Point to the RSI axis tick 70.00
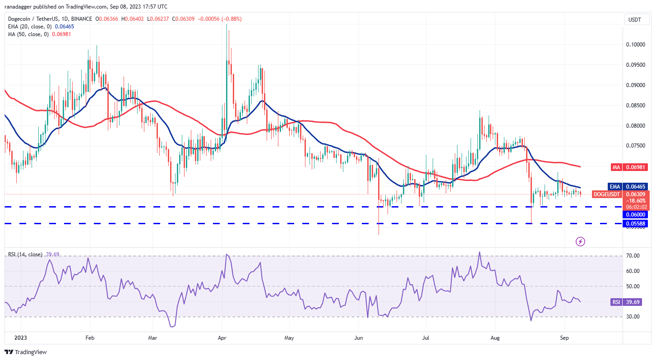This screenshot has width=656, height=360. pyautogui.click(x=633, y=256)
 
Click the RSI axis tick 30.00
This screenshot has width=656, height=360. pyautogui.click(x=633, y=317)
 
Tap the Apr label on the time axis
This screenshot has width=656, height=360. pyautogui.click(x=222, y=337)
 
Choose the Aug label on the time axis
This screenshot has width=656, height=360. pyautogui.click(x=494, y=337)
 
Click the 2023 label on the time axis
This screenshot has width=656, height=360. pyautogui.click(x=21, y=337)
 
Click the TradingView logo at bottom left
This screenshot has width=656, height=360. pyautogui.click(x=26, y=352)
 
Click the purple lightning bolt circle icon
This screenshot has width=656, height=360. pyautogui.click(x=581, y=241)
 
